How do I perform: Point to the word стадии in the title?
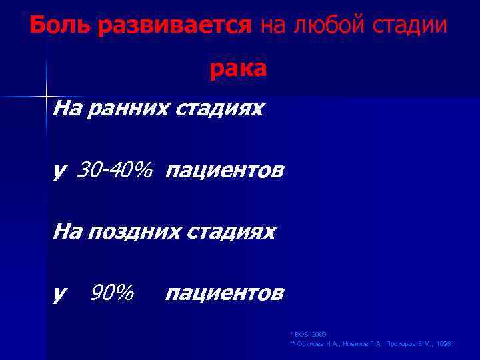coord(409,26)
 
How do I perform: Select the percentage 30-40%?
coord(114,171)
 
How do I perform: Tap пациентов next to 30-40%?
coord(225,172)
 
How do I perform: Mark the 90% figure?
coord(111,292)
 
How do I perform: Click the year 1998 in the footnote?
coord(443,343)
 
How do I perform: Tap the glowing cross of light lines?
coord(47,97)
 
